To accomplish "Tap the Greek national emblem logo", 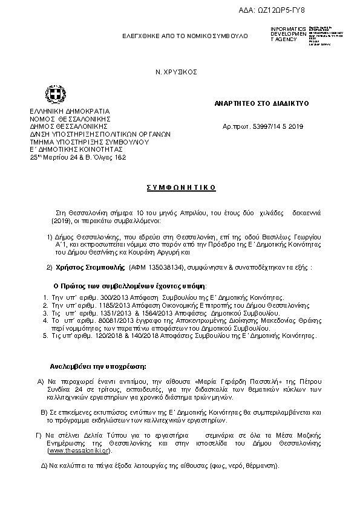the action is click(x=48, y=94).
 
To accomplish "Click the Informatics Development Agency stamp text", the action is click(x=284, y=34).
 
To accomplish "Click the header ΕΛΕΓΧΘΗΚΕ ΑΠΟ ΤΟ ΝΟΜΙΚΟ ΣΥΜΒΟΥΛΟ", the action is click(x=185, y=36).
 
